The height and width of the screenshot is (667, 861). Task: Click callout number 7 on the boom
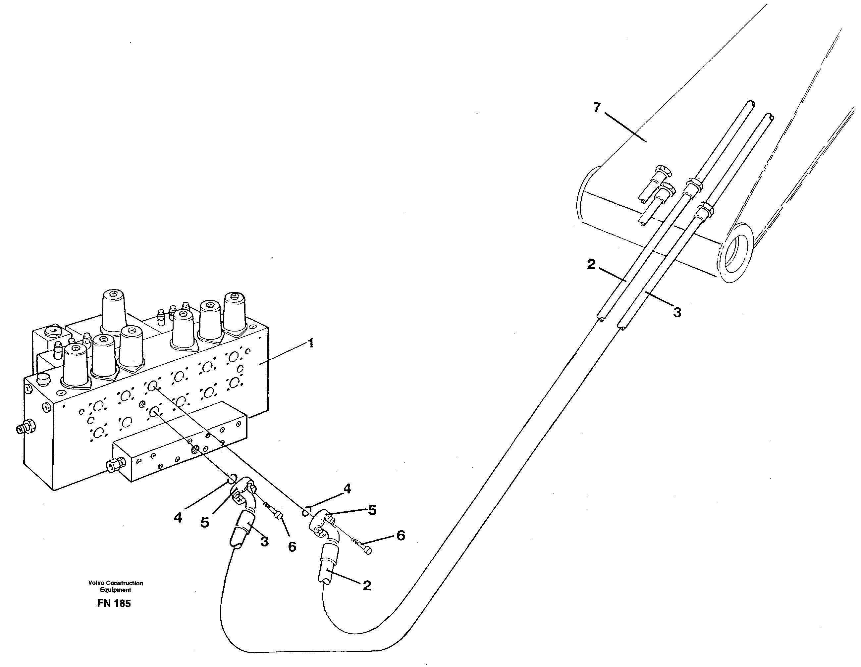coord(597,107)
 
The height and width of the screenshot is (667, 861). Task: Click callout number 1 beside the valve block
coord(311,343)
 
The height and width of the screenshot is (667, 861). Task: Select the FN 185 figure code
coord(114,603)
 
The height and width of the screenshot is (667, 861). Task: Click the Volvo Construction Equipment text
coord(116,586)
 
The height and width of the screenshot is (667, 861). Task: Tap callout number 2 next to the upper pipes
coord(591,265)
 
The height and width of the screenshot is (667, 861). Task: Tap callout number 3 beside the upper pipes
coord(677,313)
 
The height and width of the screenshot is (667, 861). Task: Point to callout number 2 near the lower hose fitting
coord(367,586)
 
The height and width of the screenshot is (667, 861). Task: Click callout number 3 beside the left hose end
coord(265,541)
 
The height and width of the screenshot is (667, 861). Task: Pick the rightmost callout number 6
coord(400,535)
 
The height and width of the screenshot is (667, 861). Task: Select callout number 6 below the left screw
coord(292,546)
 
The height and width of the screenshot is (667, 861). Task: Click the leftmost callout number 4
coord(178,518)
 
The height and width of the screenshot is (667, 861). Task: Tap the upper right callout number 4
coord(347,489)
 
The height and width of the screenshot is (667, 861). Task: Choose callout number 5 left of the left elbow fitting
coord(204,523)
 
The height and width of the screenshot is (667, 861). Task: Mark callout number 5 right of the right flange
coord(372,510)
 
